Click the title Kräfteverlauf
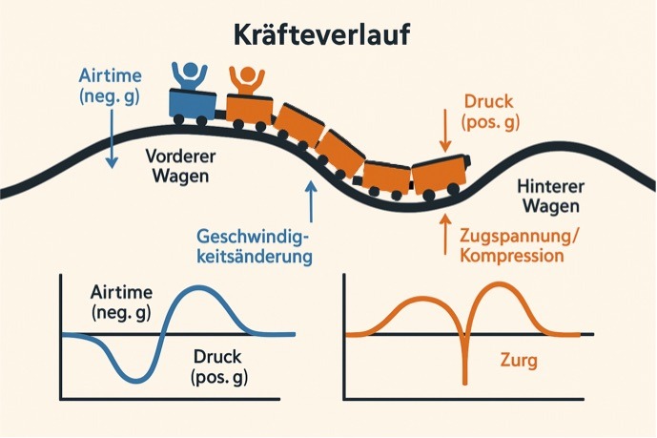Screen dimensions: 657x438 (321, 34)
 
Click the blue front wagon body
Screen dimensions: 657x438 (193, 103)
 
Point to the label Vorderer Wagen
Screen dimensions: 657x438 (180, 166)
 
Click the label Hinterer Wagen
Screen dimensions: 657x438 (551, 197)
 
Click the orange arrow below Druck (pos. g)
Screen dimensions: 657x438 (445, 131)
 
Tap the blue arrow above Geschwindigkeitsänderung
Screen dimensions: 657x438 (311, 201)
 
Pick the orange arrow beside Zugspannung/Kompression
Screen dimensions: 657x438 (445, 234)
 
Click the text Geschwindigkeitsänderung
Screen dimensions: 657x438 (255, 246)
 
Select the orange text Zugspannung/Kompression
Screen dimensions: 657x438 (519, 245)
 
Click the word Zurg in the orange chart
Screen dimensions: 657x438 (519, 360)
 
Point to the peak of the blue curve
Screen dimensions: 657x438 (200, 286)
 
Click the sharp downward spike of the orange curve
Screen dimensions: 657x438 (464, 383)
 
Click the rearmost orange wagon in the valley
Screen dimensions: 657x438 (441, 177)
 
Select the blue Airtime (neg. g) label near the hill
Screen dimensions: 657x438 (111, 86)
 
